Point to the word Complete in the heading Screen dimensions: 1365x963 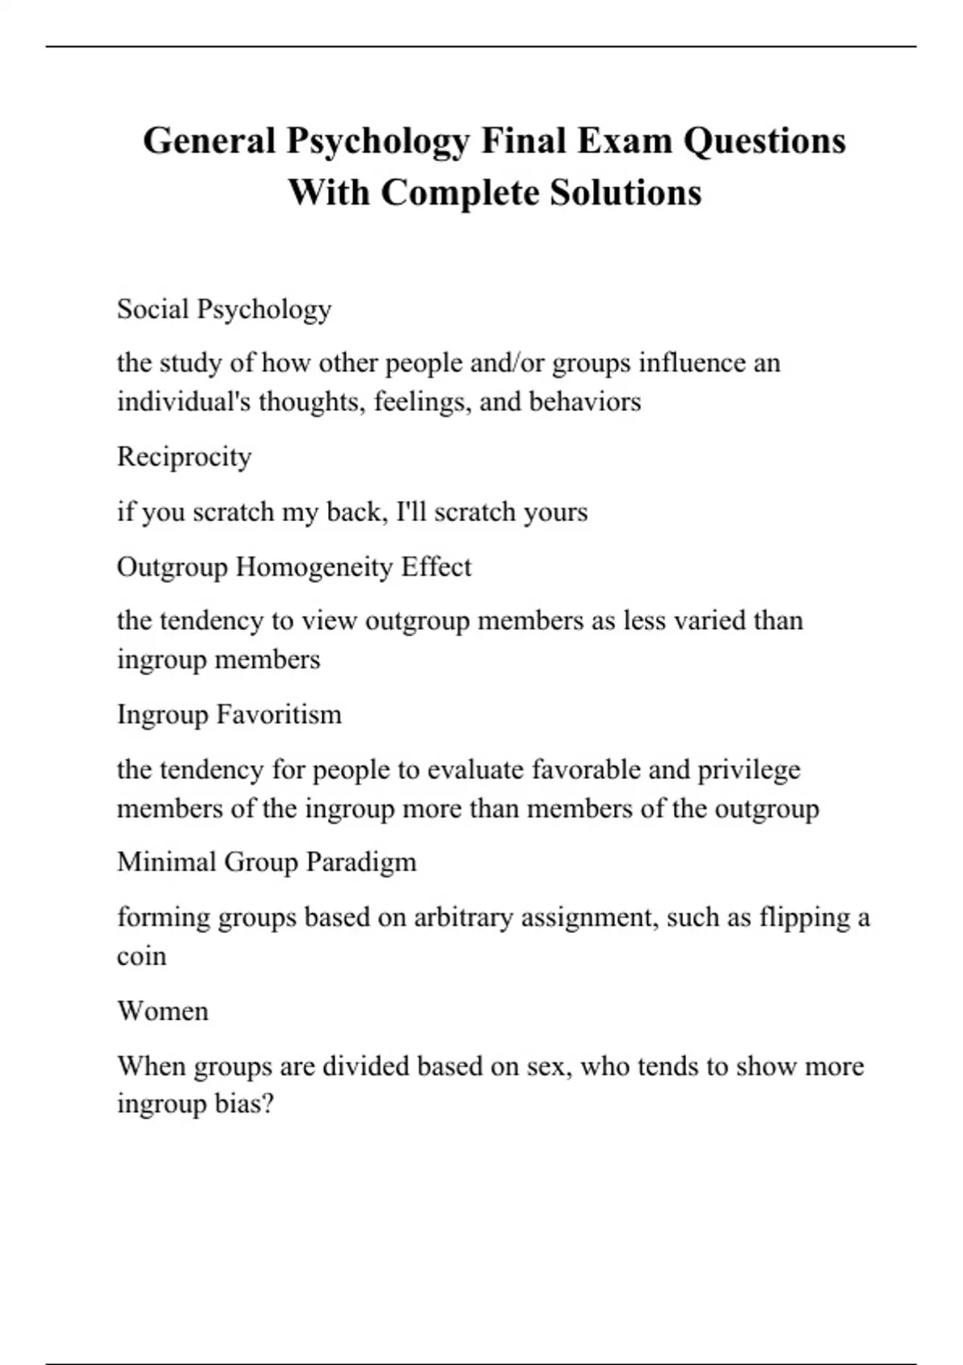coord(460,193)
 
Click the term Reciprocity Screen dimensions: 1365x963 coord(184,457)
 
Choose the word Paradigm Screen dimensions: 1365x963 coord(362,862)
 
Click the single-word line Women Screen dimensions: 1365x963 coord(162,1010)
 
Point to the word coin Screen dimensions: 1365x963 coord(141,956)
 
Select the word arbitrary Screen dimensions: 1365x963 coord(463,917)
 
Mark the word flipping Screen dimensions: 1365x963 coord(804,917)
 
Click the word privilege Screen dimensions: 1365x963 coord(749,770)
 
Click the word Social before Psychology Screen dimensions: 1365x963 coord(152,309)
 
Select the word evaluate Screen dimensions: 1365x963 coord(476,770)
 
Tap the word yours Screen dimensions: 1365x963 coord(555,512)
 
